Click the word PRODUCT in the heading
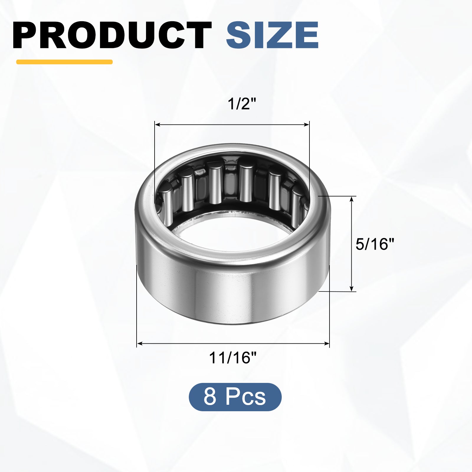click(112, 35)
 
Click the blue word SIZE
click(272, 35)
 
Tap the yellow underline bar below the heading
click(64, 62)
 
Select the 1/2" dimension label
click(242, 104)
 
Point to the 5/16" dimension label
click(375, 244)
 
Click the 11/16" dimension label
click(233, 358)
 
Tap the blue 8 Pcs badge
click(235, 397)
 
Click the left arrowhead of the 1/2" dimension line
click(157, 125)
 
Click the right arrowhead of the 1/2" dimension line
click(307, 125)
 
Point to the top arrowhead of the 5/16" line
click(351, 199)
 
